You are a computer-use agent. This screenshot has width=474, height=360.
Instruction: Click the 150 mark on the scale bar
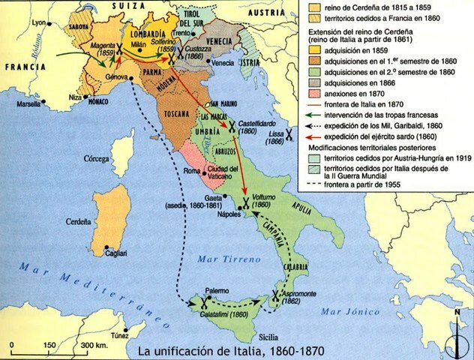[x=49, y=344]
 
